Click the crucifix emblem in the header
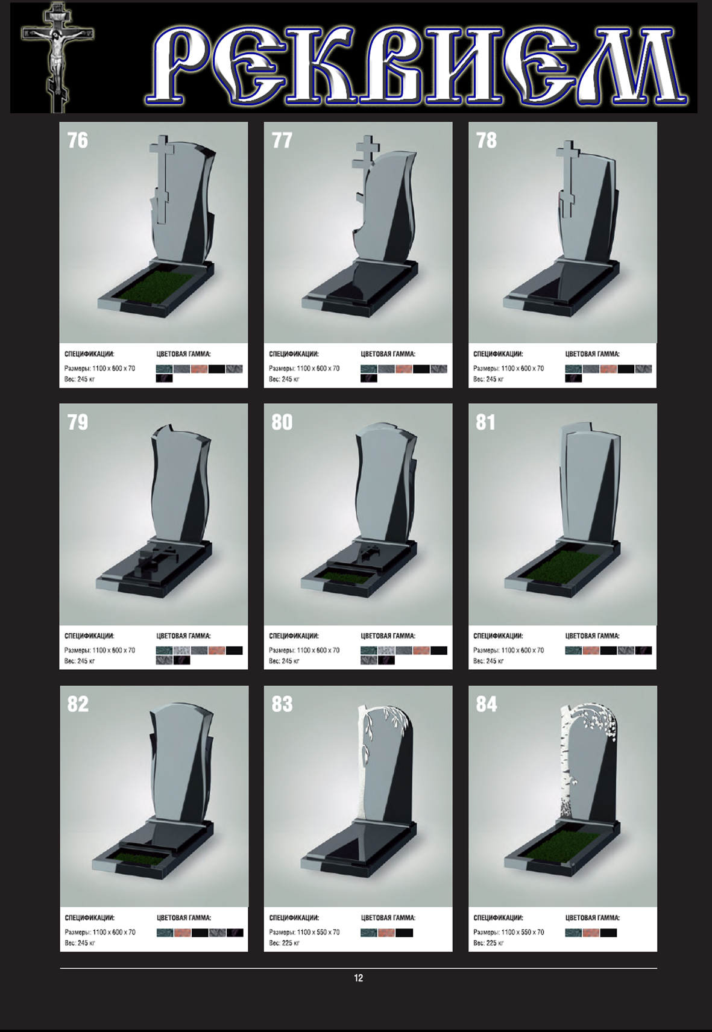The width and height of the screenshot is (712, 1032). point(57,55)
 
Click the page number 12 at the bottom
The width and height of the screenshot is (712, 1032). point(358,978)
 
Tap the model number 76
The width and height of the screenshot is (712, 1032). point(78,140)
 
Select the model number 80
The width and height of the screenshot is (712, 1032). point(282,422)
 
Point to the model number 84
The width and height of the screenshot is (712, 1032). point(486,704)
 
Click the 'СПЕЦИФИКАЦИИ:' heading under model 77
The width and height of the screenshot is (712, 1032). point(294,354)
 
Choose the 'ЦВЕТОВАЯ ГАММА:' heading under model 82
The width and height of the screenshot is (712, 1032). point(184,918)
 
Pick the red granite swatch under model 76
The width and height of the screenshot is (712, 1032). point(199,369)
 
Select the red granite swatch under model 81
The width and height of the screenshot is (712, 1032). point(591,651)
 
